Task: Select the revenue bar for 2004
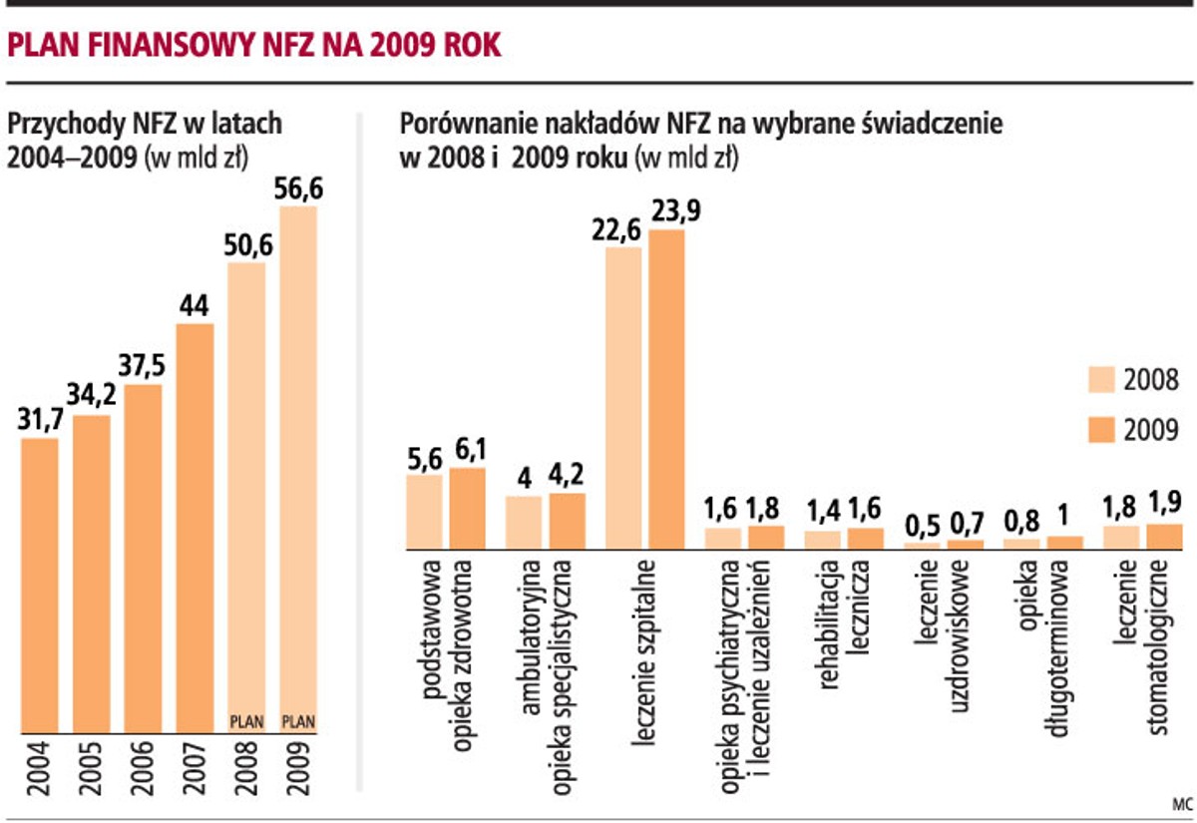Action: click(40, 584)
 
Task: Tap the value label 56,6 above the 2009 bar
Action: click(298, 189)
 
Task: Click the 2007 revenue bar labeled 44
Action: click(195, 529)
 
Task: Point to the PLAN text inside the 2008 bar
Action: click(246, 717)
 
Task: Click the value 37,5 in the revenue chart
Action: click(143, 365)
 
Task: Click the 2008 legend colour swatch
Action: click(1100, 380)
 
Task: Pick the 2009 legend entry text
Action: click(1151, 430)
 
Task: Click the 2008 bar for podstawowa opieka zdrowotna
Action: click(424, 512)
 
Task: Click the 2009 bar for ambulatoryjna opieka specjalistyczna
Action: click(568, 520)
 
